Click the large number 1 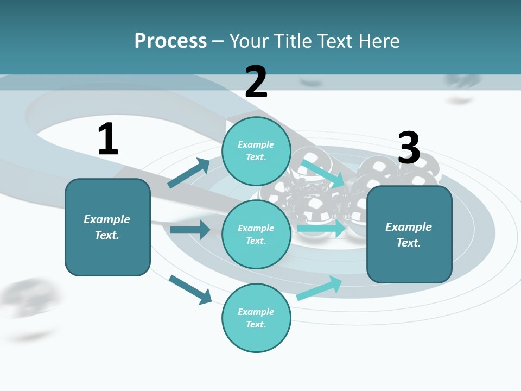tap(108, 140)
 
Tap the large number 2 tap(256, 82)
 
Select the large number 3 tap(409, 148)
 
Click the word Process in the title tap(170, 41)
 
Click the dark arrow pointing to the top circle tap(189, 173)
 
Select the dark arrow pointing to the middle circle tap(190, 230)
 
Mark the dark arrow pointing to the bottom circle tap(190, 289)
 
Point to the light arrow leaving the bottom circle tap(319, 288)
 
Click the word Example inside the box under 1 tap(107, 219)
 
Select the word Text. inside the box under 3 tap(409, 243)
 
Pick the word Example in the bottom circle tap(256, 312)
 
